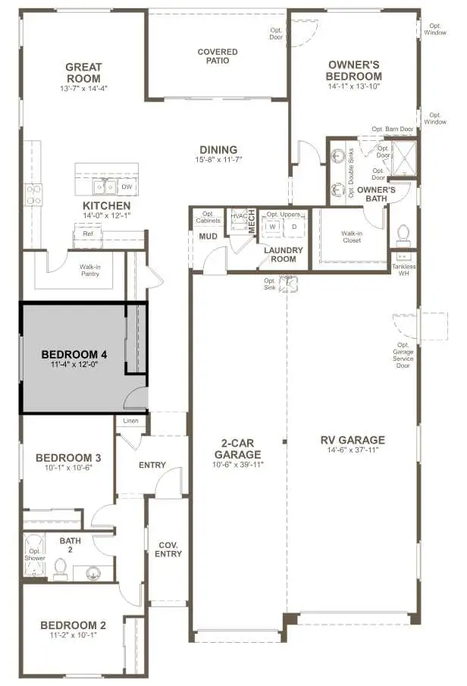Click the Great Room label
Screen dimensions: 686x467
[83, 72]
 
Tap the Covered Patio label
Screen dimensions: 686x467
[218, 57]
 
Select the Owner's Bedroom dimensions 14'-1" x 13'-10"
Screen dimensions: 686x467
[354, 87]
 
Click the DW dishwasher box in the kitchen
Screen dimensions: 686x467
[127, 186]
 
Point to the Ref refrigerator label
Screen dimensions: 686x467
[88, 234]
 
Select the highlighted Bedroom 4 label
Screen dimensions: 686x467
[75, 354]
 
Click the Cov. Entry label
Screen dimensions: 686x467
[168, 550]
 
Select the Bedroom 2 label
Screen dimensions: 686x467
[73, 625]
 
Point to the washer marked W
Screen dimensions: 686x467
[272, 226]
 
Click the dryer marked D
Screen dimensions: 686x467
[293, 226]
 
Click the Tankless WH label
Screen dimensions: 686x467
[403, 270]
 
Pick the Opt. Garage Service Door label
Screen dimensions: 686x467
[403, 353]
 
